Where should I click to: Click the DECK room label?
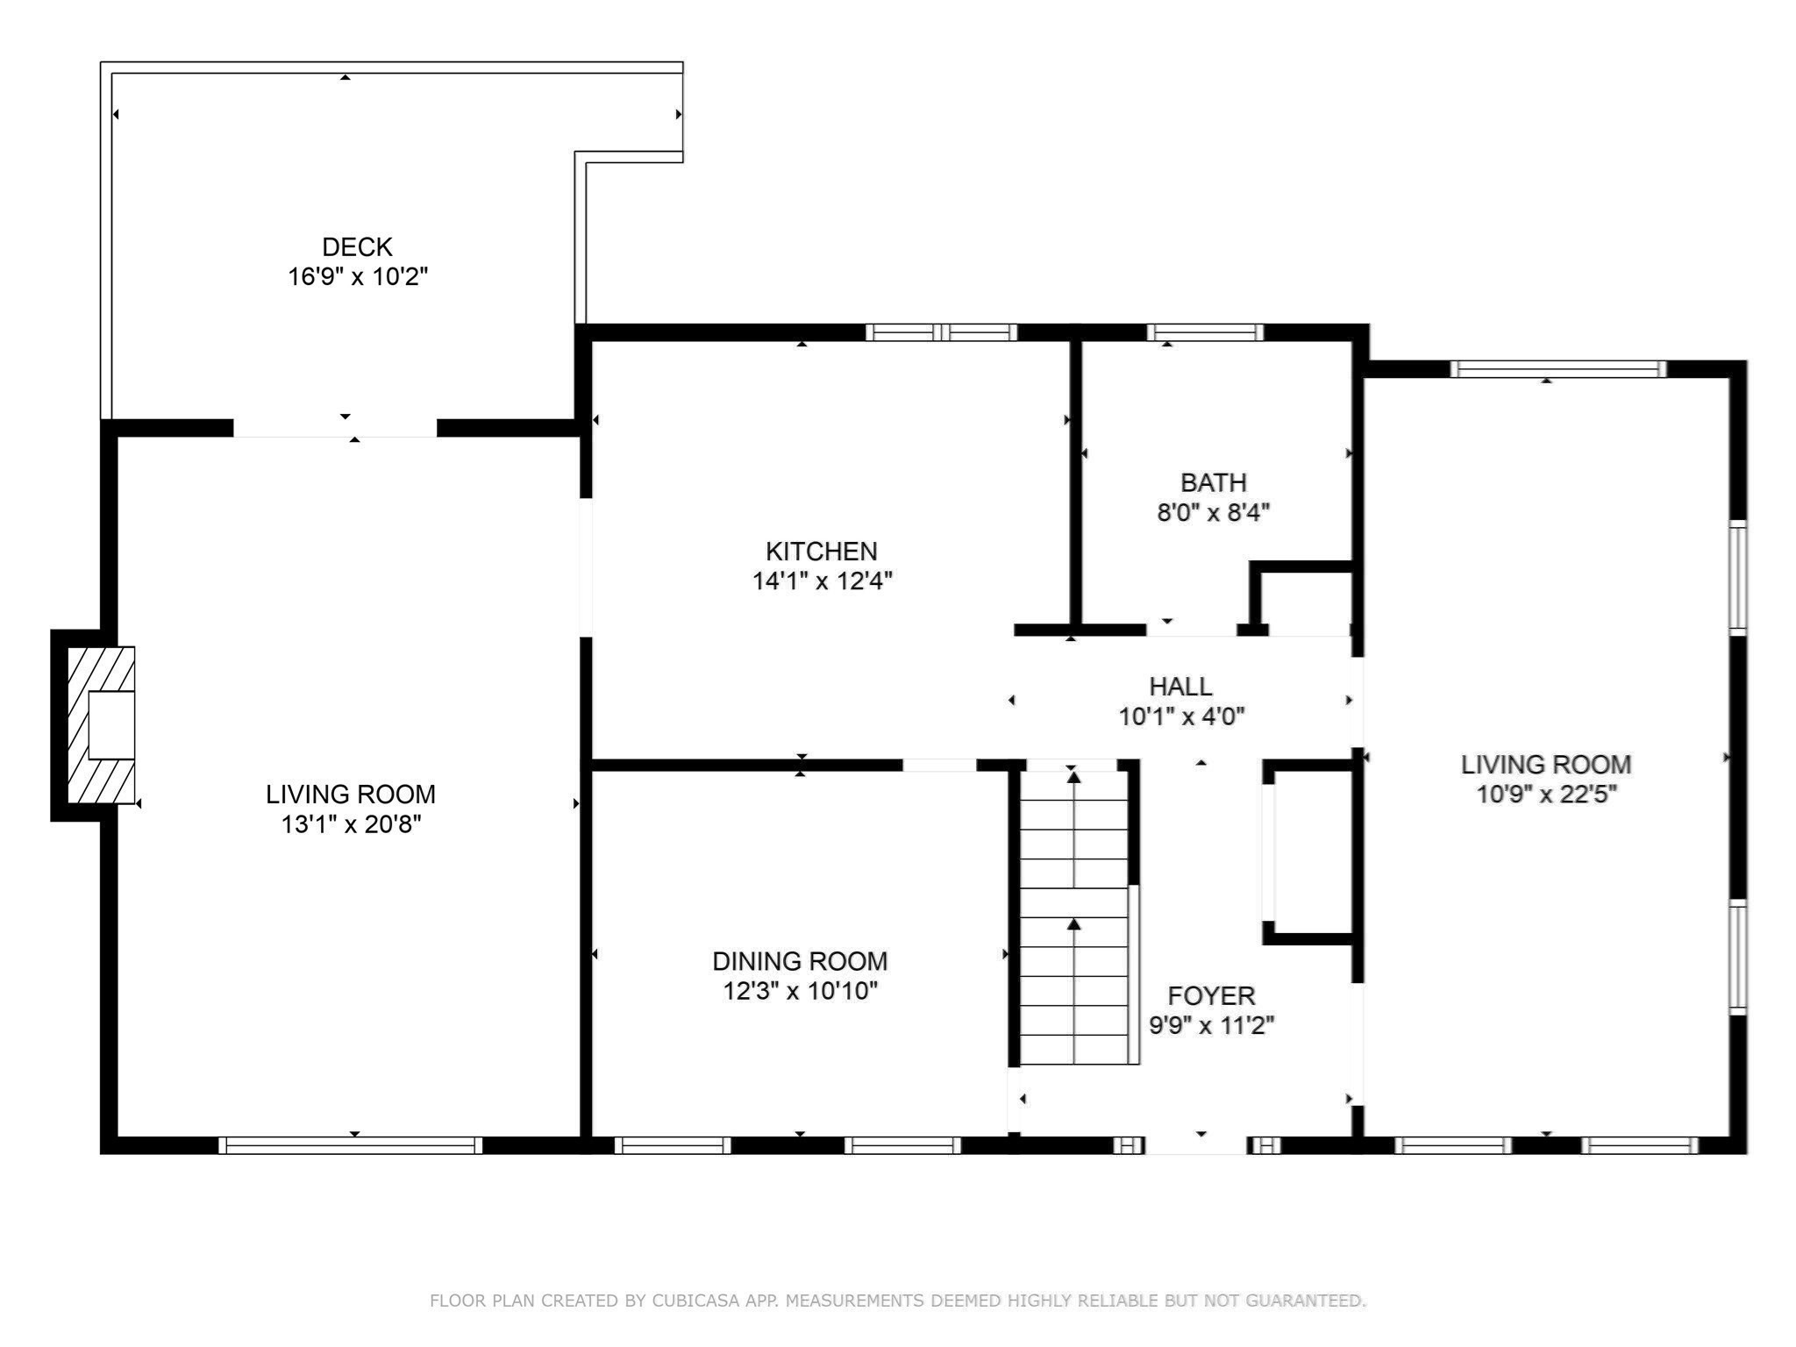click(x=357, y=246)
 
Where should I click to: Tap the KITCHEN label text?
click(x=821, y=551)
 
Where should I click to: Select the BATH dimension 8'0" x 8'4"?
click(x=1213, y=512)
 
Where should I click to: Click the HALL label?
click(x=1180, y=686)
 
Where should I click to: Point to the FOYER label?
click(x=1211, y=995)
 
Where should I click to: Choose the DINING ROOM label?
click(x=800, y=961)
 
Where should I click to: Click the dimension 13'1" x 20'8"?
click(x=351, y=824)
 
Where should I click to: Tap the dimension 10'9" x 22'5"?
click(x=1546, y=795)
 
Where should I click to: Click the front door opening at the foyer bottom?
click(x=1196, y=1144)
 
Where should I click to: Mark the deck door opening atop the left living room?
click(x=335, y=428)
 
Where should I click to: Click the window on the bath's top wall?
click(x=1205, y=332)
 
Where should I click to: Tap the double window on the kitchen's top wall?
click(x=941, y=332)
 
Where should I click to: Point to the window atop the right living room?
click(x=1557, y=369)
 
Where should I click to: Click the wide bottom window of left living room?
click(x=350, y=1144)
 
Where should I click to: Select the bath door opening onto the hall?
click(x=1191, y=630)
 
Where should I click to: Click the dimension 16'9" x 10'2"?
click(x=357, y=277)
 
